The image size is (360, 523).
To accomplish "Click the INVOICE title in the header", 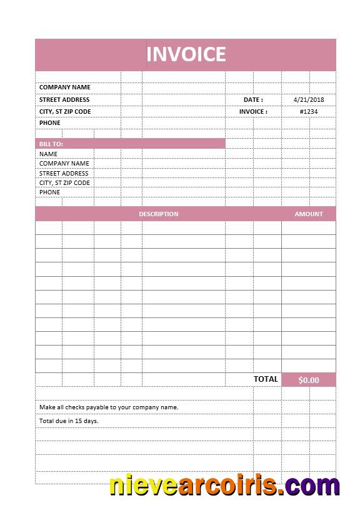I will [186, 54].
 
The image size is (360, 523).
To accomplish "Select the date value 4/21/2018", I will [308, 99].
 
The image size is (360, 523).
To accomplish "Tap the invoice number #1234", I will [308, 112].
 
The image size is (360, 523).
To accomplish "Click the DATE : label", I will [253, 99].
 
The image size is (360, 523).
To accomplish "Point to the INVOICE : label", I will [253, 112].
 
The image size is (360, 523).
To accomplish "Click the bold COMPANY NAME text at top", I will [64, 87].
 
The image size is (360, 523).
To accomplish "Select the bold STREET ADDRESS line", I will [64, 99].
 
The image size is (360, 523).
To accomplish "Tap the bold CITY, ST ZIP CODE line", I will [65, 112].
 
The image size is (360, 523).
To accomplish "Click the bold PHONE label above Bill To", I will [50, 123].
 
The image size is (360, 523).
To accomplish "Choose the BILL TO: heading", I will [51, 144].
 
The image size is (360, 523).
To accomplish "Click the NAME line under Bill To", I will [48, 154].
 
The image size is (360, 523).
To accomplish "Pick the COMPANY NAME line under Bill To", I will [64, 164].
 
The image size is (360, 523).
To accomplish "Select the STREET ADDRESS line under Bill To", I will [64, 174].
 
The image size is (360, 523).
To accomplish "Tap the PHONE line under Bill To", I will [50, 192].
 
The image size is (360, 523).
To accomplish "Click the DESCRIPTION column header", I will [158, 214].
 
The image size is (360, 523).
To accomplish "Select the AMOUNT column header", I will [309, 214].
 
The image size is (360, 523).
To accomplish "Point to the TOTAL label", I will [266, 379].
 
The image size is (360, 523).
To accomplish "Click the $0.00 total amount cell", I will [308, 380].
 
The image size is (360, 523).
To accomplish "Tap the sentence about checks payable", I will [109, 407].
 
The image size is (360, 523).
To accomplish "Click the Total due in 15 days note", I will [69, 421].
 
